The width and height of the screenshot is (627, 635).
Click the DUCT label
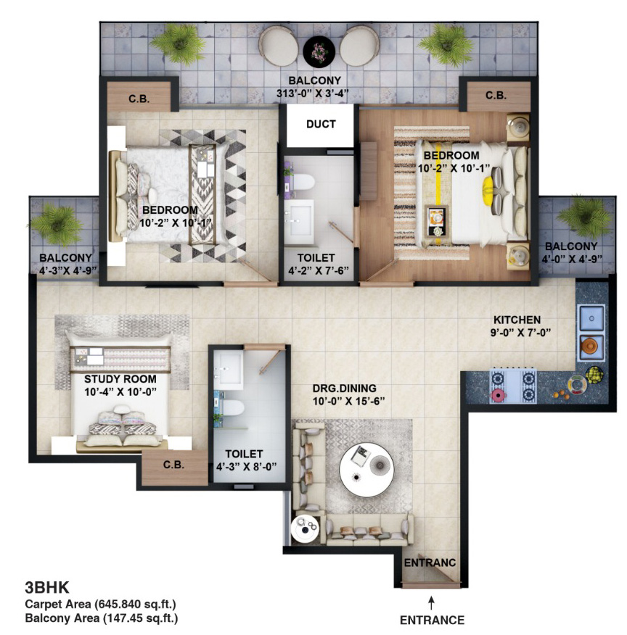(x=321, y=124)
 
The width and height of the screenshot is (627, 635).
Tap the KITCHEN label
(x=517, y=320)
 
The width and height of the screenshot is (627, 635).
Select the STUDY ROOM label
(x=120, y=379)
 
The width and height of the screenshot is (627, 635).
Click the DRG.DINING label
(x=345, y=389)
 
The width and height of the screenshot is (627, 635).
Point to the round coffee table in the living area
(x=366, y=470)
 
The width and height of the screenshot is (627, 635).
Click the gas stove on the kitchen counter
(x=513, y=385)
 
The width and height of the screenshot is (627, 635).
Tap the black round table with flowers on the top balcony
(x=319, y=52)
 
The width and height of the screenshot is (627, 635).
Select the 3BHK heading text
(x=47, y=587)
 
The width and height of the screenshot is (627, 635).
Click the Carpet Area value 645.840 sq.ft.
(x=135, y=605)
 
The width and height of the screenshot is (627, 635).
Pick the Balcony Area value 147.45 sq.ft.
(x=140, y=618)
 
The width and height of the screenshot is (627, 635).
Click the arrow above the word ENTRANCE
(x=432, y=602)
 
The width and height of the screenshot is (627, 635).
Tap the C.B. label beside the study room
(x=173, y=465)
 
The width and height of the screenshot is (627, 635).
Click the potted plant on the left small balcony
(x=57, y=225)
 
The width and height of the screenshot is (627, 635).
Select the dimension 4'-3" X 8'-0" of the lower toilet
(x=247, y=467)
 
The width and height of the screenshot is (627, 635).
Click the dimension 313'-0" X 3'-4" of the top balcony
(x=313, y=94)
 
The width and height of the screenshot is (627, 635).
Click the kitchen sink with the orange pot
(x=591, y=346)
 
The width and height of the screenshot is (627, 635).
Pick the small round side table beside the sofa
(x=306, y=528)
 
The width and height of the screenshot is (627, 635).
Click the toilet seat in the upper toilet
(x=303, y=182)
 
